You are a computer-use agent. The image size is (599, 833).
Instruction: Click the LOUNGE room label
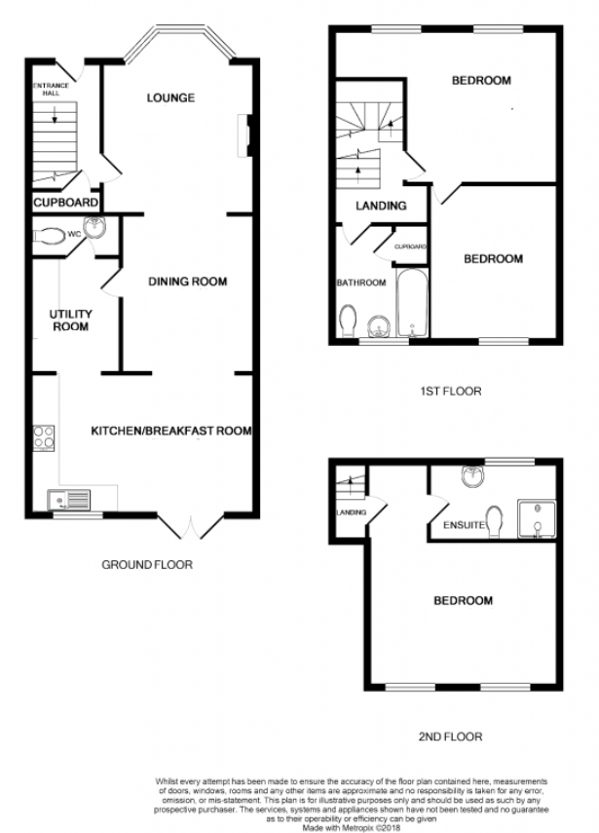pyautogui.click(x=170, y=97)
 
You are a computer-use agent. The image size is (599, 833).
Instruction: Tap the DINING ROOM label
pyautogui.click(x=187, y=282)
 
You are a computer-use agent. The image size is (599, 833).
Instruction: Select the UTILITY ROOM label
pyautogui.click(x=71, y=321)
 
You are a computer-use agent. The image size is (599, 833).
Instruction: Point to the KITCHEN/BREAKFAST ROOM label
pyautogui.click(x=171, y=431)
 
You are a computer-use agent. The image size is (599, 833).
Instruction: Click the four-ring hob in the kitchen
pyautogui.click(x=44, y=438)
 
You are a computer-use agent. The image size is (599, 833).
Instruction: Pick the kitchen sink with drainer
pyautogui.click(x=69, y=501)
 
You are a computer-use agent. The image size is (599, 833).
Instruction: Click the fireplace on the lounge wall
pyautogui.click(x=245, y=135)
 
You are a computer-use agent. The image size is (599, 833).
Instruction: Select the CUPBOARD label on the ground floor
pyautogui.click(x=66, y=203)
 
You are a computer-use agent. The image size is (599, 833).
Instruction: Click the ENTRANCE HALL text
pyautogui.click(x=51, y=90)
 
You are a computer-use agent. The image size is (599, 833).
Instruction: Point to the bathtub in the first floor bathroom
pyautogui.click(x=413, y=303)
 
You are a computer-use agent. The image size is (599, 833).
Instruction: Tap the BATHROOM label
pyautogui.click(x=361, y=283)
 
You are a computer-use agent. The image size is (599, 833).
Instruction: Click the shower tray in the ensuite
pyautogui.click(x=537, y=518)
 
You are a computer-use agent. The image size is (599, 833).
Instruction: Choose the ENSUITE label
pyautogui.click(x=465, y=525)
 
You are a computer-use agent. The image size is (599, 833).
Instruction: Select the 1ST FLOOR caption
pyautogui.click(x=450, y=392)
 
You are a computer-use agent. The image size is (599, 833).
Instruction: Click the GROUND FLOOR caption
pyautogui.click(x=147, y=565)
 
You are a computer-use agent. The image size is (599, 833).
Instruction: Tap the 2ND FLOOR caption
pyautogui.click(x=450, y=737)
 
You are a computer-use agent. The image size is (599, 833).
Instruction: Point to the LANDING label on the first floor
pyautogui.click(x=381, y=206)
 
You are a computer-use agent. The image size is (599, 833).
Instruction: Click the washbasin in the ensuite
pyautogui.click(x=472, y=476)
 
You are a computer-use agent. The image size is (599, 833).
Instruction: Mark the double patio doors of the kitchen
pyautogui.click(x=191, y=526)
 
